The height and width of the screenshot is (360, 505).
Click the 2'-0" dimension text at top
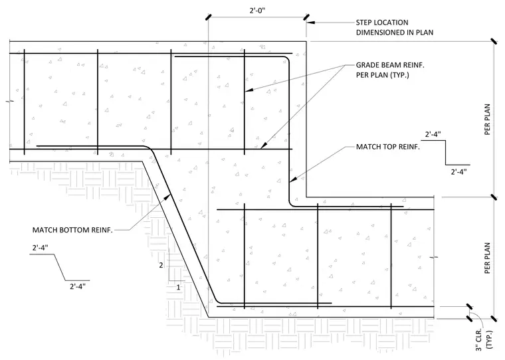click(x=257, y=11)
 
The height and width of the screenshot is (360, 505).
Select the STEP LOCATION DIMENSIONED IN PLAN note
click(x=395, y=27)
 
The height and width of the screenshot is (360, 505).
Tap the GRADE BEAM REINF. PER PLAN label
click(x=390, y=70)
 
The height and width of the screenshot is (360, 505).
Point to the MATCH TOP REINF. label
click(x=388, y=147)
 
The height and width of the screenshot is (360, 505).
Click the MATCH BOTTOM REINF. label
click(x=72, y=230)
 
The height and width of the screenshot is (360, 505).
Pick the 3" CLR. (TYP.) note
click(x=484, y=339)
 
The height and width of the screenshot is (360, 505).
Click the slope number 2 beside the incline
click(x=161, y=265)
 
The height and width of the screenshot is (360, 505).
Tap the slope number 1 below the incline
click(x=179, y=287)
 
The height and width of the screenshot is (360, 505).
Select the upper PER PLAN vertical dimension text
click(x=487, y=119)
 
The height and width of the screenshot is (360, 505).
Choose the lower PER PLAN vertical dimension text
click(x=487, y=258)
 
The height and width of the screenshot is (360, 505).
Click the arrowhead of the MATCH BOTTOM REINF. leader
click(x=168, y=195)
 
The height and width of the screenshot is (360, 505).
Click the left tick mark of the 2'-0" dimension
click(x=209, y=17)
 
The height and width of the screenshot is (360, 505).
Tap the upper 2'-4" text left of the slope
click(x=41, y=248)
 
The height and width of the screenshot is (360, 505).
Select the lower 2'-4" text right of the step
click(x=458, y=171)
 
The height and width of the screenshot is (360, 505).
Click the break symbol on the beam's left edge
click(x=10, y=102)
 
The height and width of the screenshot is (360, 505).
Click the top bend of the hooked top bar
click(x=286, y=59)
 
